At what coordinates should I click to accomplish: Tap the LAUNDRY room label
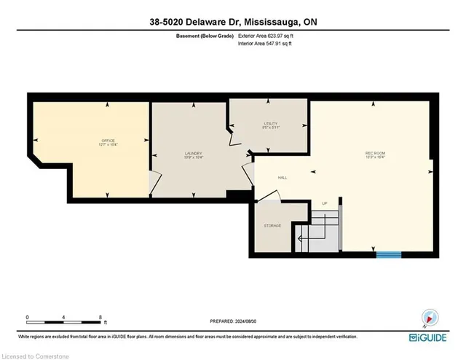click(192, 153)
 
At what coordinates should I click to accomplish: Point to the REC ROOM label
click(376, 154)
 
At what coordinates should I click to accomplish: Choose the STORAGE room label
click(272, 226)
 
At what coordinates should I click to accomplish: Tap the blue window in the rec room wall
click(388, 254)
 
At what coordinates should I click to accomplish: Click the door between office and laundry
click(153, 181)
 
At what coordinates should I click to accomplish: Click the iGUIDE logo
click(431, 337)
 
